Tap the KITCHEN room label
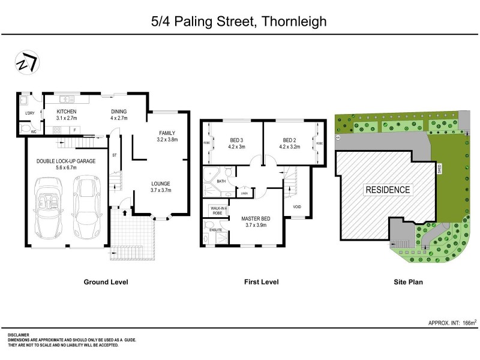(x=67, y=112)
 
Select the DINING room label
(x=119, y=112)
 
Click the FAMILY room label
(x=167, y=133)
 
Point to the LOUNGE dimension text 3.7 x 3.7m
(x=161, y=190)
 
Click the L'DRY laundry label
(x=29, y=113)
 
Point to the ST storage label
(x=114, y=155)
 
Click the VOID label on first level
(x=297, y=207)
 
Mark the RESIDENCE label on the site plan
(x=388, y=190)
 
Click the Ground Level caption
(x=106, y=282)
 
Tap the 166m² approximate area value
(x=469, y=323)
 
